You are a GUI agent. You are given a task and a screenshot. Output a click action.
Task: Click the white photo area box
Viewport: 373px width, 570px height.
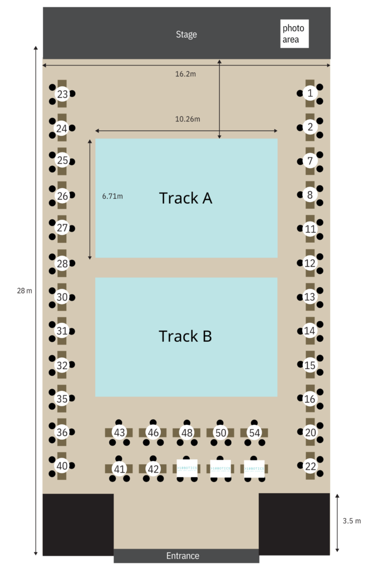[294, 33]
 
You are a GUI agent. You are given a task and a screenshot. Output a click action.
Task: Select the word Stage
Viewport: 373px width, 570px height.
[186, 35]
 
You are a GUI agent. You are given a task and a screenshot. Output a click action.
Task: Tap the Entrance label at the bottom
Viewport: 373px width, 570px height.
[183, 556]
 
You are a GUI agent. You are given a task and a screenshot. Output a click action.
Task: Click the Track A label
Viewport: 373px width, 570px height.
[186, 198]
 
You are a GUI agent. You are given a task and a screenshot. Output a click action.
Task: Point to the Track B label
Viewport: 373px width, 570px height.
[185, 336]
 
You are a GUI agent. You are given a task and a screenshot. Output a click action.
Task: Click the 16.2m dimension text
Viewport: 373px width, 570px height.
[186, 74]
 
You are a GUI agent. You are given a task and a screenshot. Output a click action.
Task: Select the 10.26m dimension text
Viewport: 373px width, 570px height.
[188, 119]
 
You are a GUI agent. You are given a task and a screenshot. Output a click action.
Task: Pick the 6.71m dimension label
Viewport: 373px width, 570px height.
[112, 196]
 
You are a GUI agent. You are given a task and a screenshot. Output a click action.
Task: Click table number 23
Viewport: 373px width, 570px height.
[62, 95]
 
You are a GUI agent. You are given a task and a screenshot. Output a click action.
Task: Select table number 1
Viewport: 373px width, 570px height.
[310, 93]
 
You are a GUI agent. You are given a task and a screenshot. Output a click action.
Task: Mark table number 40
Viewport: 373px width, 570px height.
[62, 466]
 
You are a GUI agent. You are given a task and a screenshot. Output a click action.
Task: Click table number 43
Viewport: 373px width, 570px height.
[119, 432]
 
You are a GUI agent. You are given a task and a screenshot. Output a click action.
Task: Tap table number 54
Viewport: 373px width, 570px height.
[254, 432]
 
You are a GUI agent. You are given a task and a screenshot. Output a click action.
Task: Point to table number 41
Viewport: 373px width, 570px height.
[119, 469]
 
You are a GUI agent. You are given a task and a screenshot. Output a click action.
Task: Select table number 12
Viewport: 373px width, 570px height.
[310, 263]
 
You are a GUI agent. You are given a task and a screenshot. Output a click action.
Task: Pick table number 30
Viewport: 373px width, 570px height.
[62, 297]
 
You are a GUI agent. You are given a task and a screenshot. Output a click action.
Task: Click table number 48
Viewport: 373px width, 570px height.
[186, 432]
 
